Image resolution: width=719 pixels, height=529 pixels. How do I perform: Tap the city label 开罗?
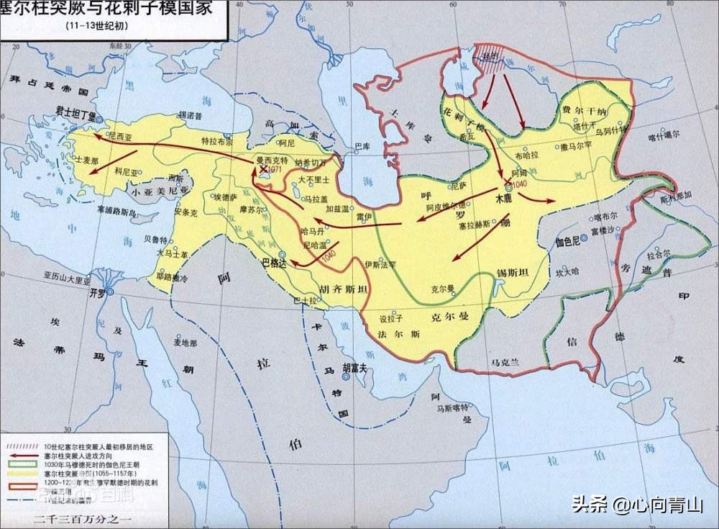tap(96, 294)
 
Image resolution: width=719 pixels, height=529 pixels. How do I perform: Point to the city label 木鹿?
tap(506, 196)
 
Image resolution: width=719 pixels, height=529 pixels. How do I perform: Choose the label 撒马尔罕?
tap(576, 145)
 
